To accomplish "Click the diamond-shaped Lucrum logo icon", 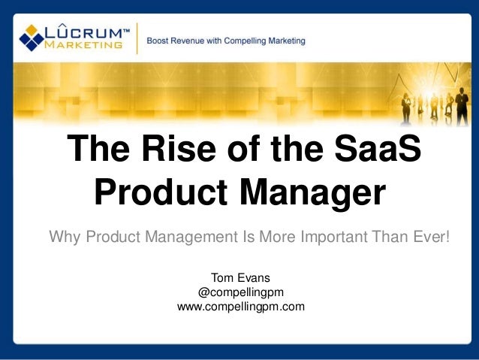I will click(32, 36).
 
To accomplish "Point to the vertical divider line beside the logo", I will click(138, 38).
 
